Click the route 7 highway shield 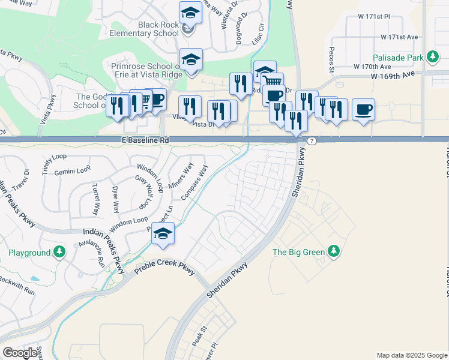312,140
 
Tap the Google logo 20,353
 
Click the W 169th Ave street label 393,76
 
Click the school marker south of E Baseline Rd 163,234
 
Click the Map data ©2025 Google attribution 411,355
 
